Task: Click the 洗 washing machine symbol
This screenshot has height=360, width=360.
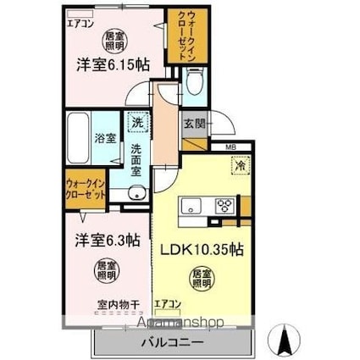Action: pyautogui.click(x=136, y=123)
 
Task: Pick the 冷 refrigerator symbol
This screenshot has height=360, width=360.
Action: pyautogui.click(x=240, y=166)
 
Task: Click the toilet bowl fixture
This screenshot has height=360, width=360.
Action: pyautogui.click(x=193, y=83)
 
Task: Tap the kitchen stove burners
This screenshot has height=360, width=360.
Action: pyautogui.click(x=224, y=204)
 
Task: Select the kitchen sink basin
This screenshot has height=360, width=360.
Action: pyautogui.click(x=188, y=204)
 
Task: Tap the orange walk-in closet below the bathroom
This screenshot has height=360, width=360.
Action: pyautogui.click(x=85, y=189)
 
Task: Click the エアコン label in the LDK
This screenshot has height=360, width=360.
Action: pyautogui.click(x=166, y=302)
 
